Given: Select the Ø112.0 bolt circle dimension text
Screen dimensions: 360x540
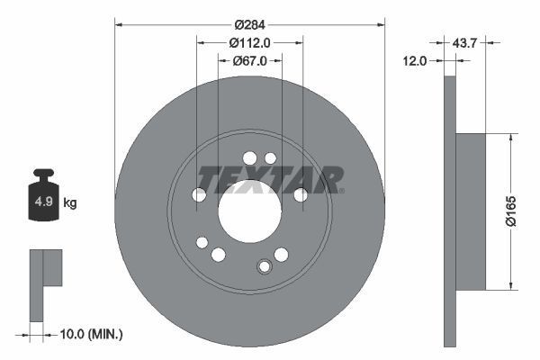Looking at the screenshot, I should click(x=249, y=41).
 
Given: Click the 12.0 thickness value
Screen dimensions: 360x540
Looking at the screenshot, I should click(x=415, y=61).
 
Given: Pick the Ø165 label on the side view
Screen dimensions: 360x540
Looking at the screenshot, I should click(x=522, y=211).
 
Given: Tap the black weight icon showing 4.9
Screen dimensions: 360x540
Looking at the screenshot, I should click(x=43, y=198).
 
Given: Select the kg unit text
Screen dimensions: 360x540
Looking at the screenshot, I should click(x=70, y=203).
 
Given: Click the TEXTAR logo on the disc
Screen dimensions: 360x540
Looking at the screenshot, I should click(x=269, y=179).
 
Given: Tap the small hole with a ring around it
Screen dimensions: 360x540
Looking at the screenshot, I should click(x=265, y=266).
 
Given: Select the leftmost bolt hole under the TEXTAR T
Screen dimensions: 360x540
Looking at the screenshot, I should click(x=200, y=194).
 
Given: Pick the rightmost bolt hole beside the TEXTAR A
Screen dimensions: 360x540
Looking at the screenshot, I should click(x=301, y=194).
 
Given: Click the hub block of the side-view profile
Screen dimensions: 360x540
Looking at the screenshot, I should click(x=470, y=211).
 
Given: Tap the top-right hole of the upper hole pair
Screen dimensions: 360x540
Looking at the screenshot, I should click(x=270, y=158).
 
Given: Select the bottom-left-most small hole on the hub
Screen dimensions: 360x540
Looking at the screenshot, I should click(x=202, y=242).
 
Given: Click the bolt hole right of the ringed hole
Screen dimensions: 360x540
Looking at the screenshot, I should click(x=282, y=255).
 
